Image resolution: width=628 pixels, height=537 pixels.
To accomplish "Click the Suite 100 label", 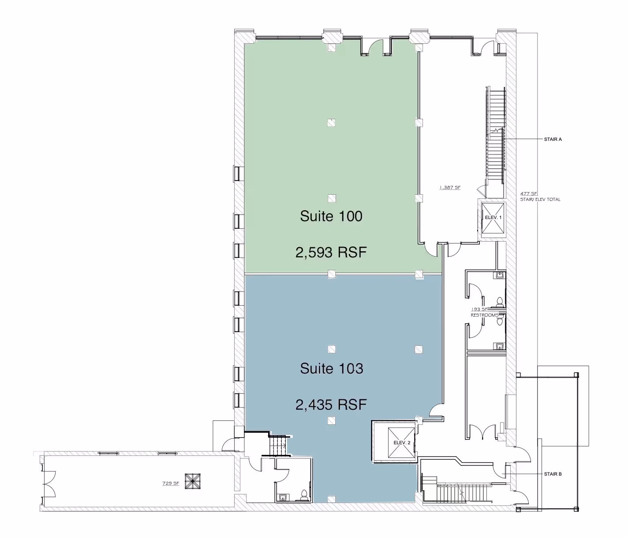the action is point(331,216).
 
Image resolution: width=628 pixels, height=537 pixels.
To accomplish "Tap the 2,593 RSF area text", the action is point(331,253).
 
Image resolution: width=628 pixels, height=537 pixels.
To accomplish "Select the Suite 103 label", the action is point(332,368).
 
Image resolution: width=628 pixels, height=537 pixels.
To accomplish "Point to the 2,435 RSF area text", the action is point(331,405).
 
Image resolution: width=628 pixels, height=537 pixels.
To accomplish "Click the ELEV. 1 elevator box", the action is point(493,218).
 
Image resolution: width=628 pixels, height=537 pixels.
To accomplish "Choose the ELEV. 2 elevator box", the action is point(402,442).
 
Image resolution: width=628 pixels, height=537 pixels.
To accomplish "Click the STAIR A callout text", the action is point(553,140).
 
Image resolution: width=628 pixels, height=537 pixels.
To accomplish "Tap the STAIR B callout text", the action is point(553,474).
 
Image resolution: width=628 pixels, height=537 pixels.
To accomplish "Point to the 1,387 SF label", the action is point(450,188).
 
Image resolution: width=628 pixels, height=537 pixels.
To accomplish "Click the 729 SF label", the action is point(170,483).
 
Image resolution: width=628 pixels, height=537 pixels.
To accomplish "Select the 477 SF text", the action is point(529,193).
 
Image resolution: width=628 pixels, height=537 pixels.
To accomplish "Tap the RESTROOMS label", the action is point(485,315).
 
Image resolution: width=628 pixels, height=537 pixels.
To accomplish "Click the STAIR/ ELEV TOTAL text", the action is point(540,200).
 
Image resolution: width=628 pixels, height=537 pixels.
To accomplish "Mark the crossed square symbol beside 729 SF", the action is point(193,481).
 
